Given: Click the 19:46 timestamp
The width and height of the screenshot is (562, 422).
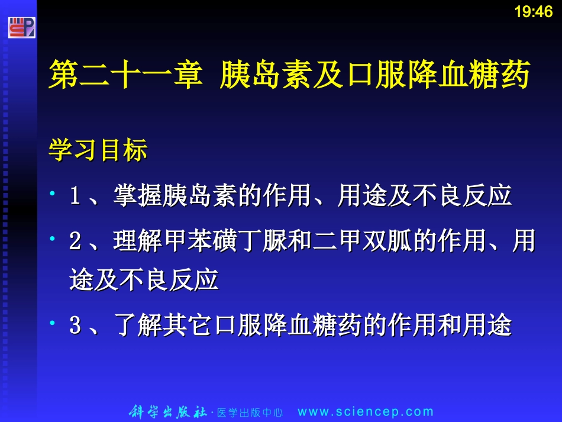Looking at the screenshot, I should pyautogui.click(x=533, y=12).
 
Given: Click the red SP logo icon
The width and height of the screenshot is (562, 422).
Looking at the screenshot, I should pyautogui.click(x=22, y=28).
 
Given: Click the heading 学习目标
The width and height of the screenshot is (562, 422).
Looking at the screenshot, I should pyautogui.click(x=98, y=151).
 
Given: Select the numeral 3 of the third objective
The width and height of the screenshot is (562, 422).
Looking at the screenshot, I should pyautogui.click(x=75, y=326).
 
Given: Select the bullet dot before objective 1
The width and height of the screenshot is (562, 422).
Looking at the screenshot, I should pyautogui.click(x=53, y=194).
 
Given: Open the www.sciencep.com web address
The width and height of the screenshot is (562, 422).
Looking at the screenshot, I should pyautogui.click(x=365, y=412).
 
